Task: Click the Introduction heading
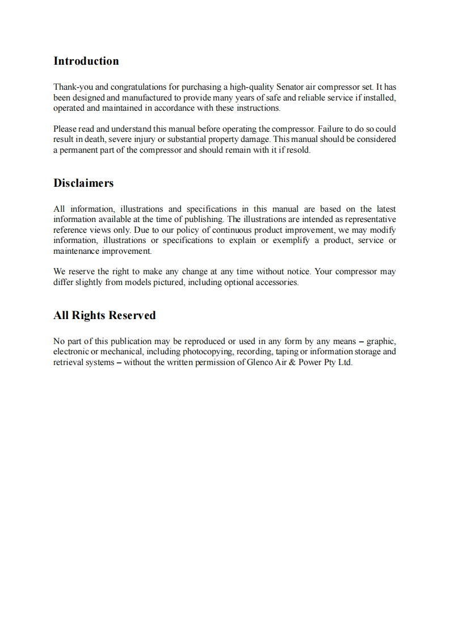86,61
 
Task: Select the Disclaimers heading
83,183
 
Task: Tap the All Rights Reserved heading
104,316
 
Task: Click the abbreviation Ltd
345,362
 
